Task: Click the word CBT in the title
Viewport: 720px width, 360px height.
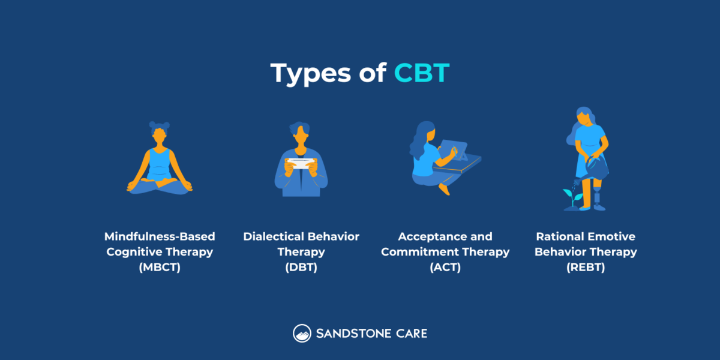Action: click(421, 73)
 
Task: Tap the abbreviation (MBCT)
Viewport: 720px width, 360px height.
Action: click(160, 268)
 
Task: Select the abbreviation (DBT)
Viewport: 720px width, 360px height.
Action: click(301, 268)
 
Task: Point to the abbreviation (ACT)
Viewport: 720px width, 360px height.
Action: click(445, 268)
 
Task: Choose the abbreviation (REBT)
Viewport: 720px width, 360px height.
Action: click(586, 268)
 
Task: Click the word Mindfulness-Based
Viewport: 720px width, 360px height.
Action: click(160, 236)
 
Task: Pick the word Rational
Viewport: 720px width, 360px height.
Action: click(560, 236)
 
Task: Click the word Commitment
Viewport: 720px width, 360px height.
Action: click(421, 252)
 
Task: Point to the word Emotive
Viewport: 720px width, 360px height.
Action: click(613, 236)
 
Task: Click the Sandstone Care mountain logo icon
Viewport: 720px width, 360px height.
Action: click(301, 333)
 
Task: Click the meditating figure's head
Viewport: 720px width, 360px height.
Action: click(160, 137)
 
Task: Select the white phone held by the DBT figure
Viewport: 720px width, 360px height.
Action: click(301, 163)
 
